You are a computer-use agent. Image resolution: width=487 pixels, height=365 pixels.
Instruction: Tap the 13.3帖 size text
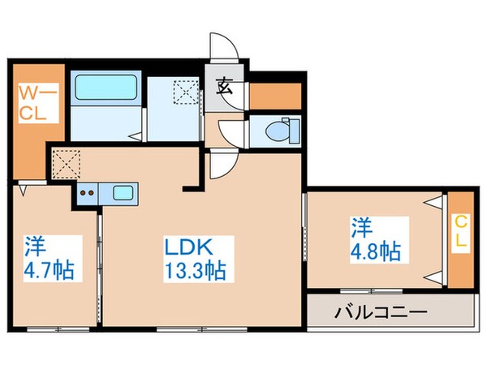[x=197, y=271]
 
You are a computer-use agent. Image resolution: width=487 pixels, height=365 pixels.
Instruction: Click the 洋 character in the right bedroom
[x=361, y=225]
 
